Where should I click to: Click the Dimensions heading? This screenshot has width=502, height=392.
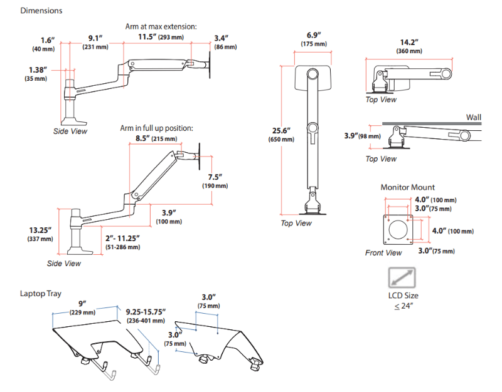41,11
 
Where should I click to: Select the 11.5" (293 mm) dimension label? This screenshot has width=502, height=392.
161,38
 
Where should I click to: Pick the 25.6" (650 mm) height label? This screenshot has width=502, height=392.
280,135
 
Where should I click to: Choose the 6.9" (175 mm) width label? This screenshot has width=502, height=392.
314,38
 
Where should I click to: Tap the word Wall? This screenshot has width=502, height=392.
474,117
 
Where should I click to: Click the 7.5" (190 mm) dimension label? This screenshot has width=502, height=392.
216,181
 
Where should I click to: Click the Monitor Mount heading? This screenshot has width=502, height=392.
407,187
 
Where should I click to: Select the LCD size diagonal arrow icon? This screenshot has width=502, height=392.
401,277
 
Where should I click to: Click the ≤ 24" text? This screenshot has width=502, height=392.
403,306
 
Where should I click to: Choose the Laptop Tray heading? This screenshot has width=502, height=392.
40,293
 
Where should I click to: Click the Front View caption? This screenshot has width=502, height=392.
383,253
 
